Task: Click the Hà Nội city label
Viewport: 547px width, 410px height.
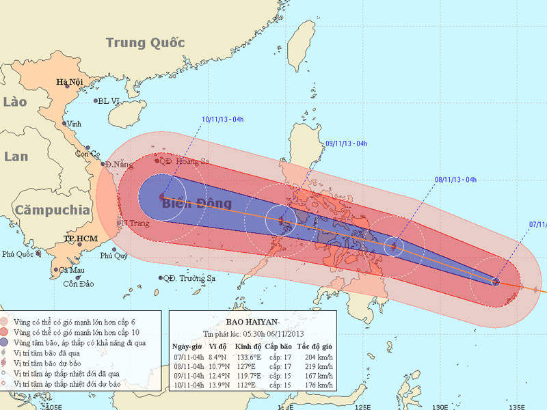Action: [x=70, y=83]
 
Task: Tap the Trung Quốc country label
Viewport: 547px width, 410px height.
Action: [x=145, y=43]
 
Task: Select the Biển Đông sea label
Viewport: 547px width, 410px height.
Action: [x=196, y=203]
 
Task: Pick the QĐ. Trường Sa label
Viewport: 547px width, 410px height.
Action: [x=189, y=279]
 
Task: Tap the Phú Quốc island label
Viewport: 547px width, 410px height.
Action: [x=18, y=254]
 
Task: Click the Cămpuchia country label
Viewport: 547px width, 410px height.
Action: [x=53, y=210]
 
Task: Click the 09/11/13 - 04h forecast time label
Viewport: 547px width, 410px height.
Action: [x=347, y=143]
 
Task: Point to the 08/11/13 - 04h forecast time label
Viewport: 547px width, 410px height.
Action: [x=455, y=180]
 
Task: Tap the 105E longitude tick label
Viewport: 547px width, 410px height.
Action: [x=46, y=405]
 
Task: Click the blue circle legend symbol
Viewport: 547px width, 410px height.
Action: [x=7, y=342]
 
